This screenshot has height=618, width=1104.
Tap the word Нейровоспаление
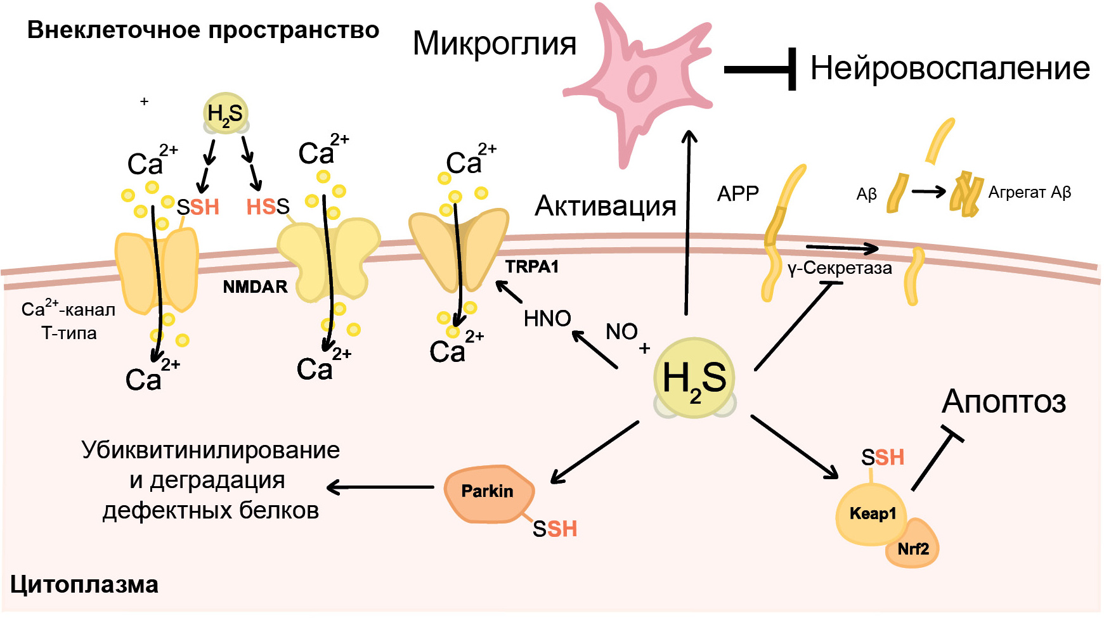(950, 68)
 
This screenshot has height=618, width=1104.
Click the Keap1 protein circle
(872, 513)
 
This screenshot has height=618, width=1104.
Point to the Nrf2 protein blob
(914, 548)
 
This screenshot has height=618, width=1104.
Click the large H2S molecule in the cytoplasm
(694, 378)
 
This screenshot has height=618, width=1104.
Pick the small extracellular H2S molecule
(225, 114)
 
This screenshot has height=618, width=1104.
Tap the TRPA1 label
(531, 267)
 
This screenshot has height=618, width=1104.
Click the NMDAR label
(255, 287)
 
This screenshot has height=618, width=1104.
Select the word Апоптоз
(1003, 402)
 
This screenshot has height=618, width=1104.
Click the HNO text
(547, 319)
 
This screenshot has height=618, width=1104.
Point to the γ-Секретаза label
(840, 269)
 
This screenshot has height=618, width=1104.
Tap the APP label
(737, 193)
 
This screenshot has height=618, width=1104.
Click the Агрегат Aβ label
(1029, 193)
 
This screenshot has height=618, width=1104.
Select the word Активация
(605, 206)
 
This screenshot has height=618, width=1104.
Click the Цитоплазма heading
(84, 584)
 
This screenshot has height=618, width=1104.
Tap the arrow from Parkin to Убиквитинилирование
(380, 487)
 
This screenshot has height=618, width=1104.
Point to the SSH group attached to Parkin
(555, 529)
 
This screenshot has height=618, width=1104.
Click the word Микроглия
(494, 44)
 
